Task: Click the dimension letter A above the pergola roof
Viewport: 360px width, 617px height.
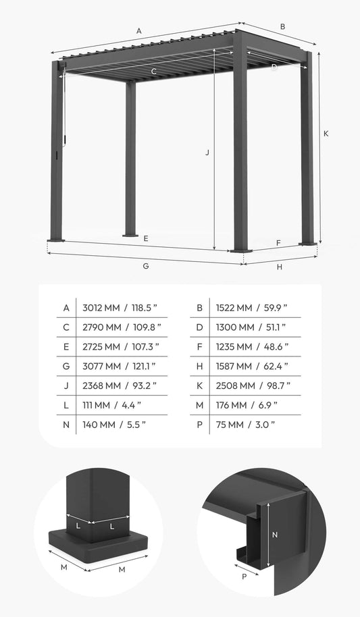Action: [139, 30]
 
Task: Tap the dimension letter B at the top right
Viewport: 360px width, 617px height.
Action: [282, 27]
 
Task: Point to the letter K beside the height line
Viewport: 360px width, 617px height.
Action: [326, 134]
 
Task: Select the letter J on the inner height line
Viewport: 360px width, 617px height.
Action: [207, 153]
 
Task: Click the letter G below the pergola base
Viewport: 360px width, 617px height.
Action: [145, 266]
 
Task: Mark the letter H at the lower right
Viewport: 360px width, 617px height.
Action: [279, 267]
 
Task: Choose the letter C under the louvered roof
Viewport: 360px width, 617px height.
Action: [154, 71]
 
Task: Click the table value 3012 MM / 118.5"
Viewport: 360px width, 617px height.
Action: [120, 308]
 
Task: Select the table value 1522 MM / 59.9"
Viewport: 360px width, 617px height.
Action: [251, 308]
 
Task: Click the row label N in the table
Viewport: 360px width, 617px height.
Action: [66, 425]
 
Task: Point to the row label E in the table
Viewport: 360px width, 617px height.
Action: [66, 347]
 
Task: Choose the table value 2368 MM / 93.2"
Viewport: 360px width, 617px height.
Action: [120, 385]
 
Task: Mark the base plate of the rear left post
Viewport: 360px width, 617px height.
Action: [130, 235]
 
